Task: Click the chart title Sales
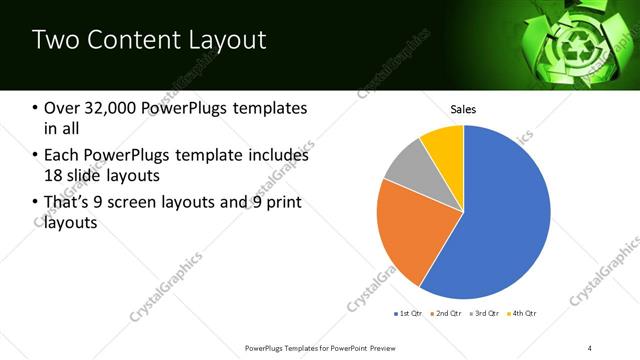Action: (463, 108)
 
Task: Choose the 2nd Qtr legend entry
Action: (446, 314)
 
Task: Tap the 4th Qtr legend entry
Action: (522, 314)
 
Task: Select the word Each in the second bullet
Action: (62, 155)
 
